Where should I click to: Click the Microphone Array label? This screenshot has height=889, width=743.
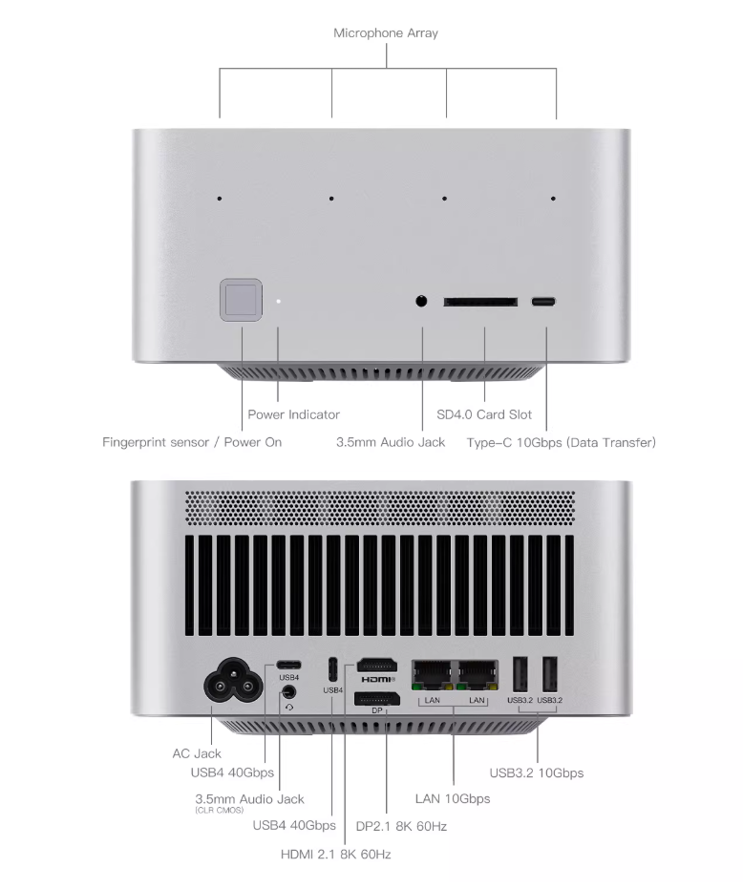tap(386, 33)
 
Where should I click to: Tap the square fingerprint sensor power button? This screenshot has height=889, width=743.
tap(241, 300)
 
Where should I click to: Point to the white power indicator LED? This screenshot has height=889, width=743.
tap(279, 301)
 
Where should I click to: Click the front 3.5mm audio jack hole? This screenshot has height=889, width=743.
tap(422, 302)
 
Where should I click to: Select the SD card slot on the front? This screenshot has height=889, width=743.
tap(480, 302)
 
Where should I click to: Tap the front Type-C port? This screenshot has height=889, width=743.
tap(543, 302)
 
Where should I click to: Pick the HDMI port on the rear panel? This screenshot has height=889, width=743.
tap(377, 667)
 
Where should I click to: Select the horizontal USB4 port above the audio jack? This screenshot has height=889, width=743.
tap(288, 665)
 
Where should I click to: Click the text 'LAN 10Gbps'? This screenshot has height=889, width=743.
tap(453, 798)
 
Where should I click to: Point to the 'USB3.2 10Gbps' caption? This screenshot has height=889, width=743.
tap(536, 773)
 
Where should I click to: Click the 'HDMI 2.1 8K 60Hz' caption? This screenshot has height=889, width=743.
tap(335, 854)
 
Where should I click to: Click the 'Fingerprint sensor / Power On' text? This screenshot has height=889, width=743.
tap(192, 442)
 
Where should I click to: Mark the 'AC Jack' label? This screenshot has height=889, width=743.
tap(197, 753)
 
